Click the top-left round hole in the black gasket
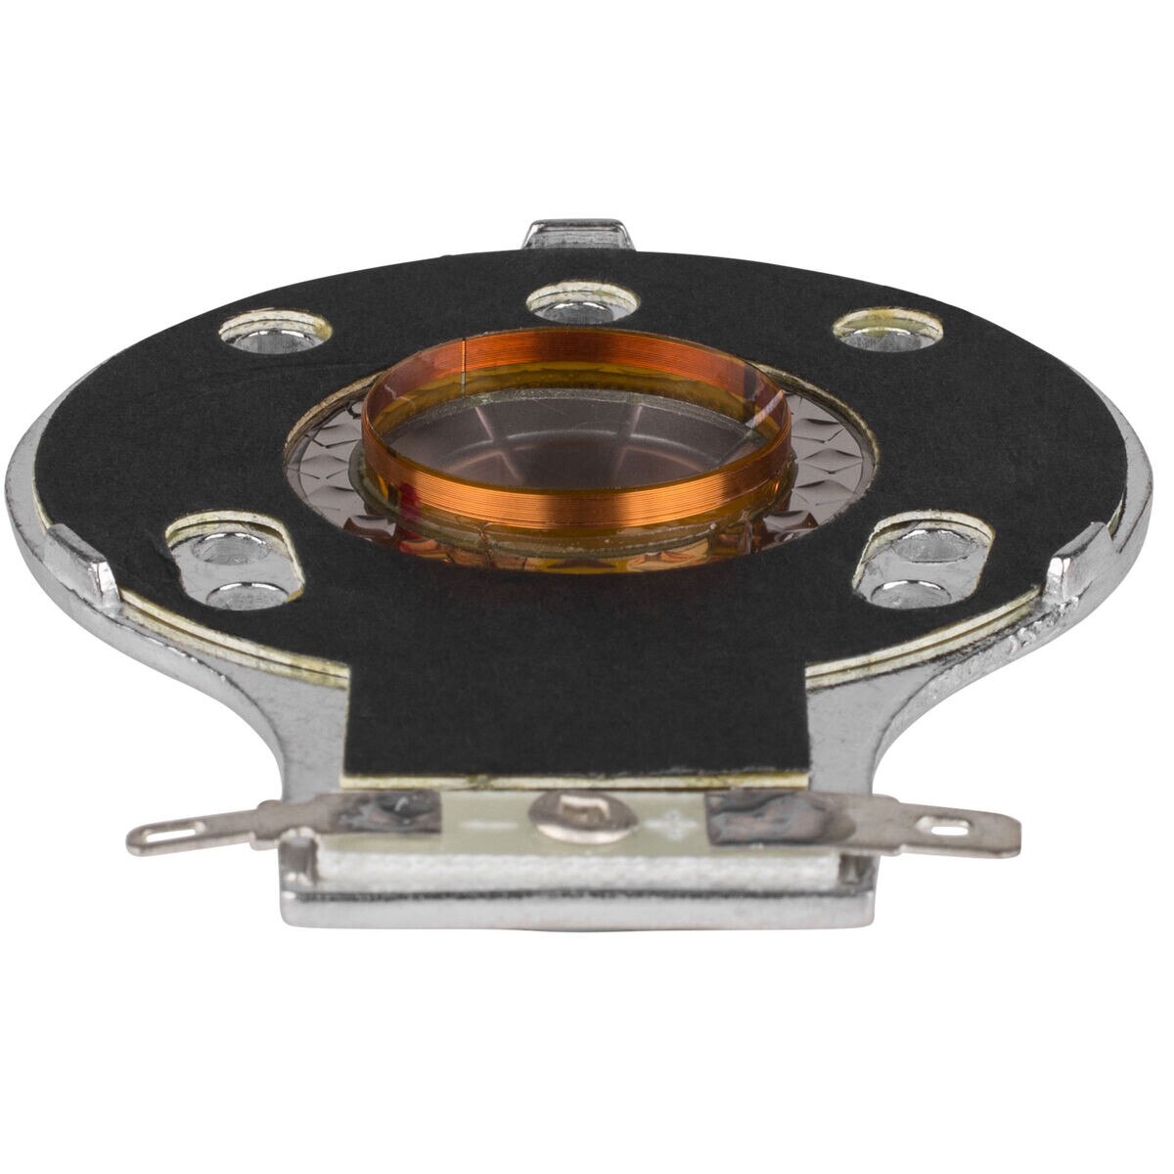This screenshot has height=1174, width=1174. pos(273,333)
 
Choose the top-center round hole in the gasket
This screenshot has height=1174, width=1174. pos(583,302)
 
